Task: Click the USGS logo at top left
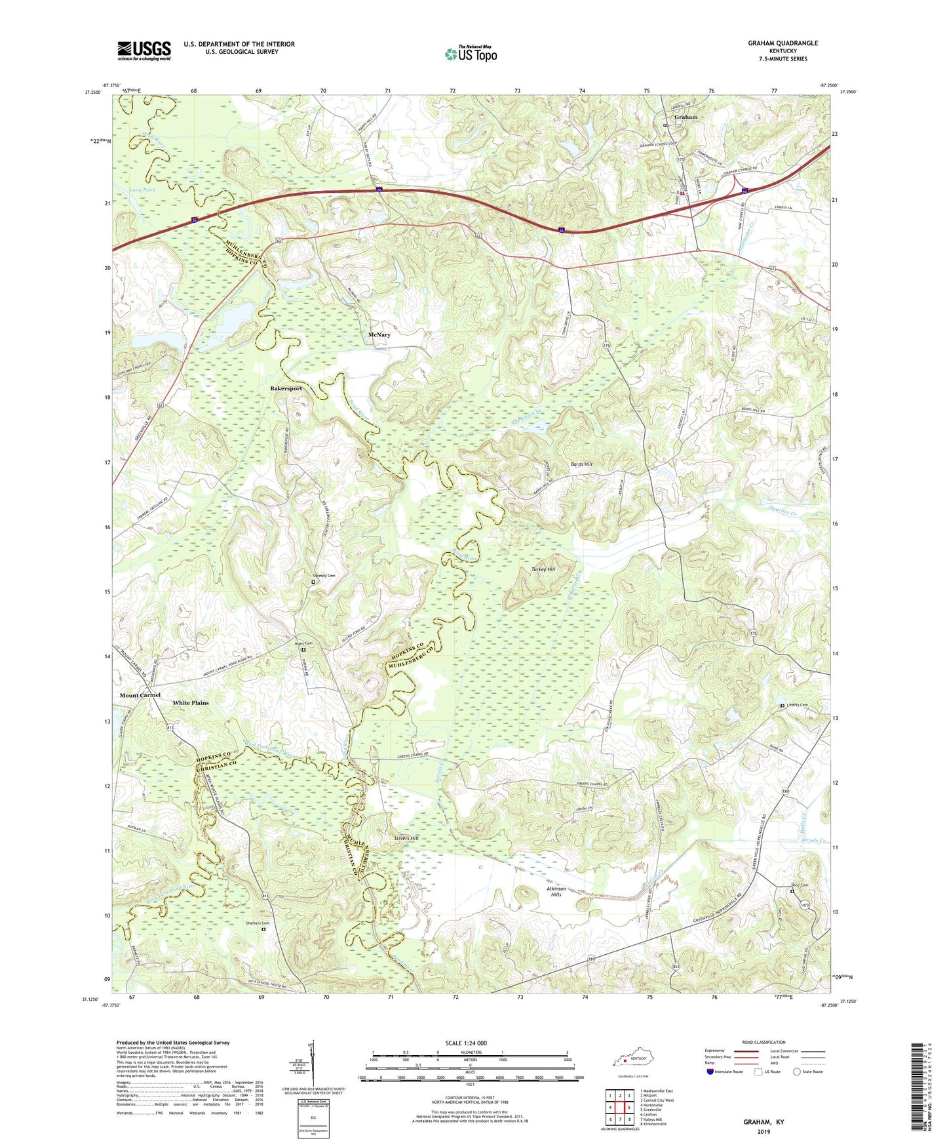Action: point(144,50)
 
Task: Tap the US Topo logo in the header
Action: point(471,54)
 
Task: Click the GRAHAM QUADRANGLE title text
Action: point(783,43)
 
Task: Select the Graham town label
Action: point(686,117)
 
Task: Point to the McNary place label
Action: point(379,335)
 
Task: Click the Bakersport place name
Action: point(286,389)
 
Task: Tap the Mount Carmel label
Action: point(140,695)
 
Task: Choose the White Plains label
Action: point(191,703)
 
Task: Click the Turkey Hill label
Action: point(543,569)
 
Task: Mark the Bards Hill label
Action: point(581,464)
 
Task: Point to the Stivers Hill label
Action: point(406,838)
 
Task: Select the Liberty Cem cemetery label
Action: point(798,705)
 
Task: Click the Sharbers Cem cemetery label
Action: point(258,923)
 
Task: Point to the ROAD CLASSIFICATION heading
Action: point(764,1042)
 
